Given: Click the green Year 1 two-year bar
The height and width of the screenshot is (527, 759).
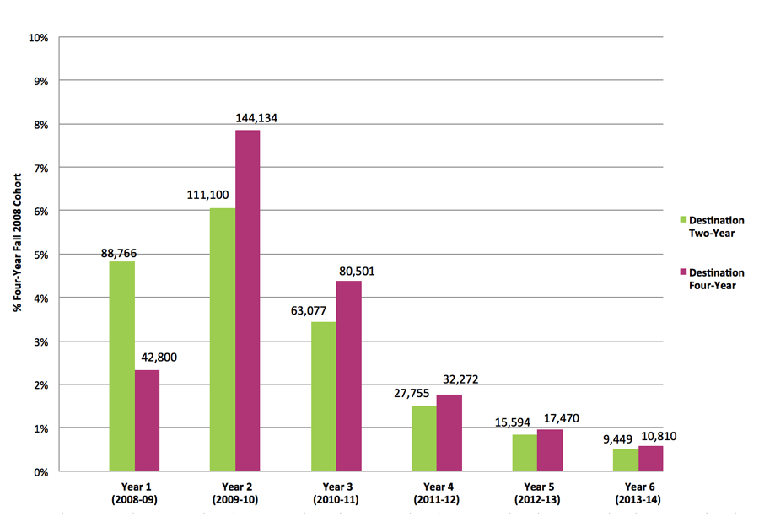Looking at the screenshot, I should click(x=122, y=366).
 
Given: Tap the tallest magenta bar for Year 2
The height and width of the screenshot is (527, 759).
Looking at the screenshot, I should click(x=247, y=300).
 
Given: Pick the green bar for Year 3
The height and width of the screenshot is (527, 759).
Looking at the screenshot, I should click(x=323, y=396).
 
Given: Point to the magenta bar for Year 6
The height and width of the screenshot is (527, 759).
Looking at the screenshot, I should click(x=650, y=459).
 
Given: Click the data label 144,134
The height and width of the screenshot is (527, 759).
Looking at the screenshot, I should click(x=256, y=118).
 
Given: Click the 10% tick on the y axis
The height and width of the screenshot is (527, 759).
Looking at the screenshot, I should click(x=39, y=38).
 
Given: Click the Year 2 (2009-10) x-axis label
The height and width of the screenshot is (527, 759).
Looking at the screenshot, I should click(x=236, y=493).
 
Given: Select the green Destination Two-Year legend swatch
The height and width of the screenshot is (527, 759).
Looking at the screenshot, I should click(x=681, y=219).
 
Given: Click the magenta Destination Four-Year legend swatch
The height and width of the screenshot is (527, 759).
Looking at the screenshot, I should click(x=681, y=272).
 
